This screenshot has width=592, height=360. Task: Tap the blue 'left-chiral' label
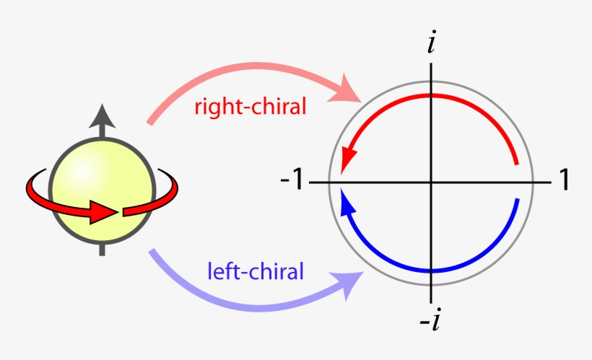[x=255, y=272]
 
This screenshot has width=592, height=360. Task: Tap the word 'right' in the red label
[x=214, y=108]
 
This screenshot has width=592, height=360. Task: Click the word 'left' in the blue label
[x=222, y=272]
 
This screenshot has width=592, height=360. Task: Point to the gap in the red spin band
[x=121, y=212]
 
